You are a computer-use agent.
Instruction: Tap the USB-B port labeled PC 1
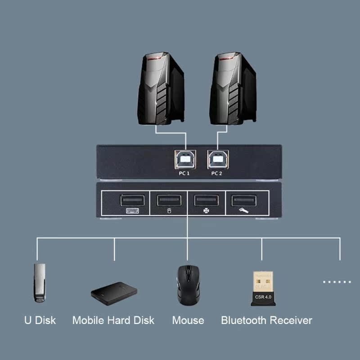[x=185, y=159]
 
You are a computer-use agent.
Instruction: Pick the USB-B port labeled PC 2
[x=217, y=159]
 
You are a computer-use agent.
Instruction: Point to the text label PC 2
[x=217, y=173]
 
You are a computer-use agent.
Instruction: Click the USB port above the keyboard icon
[x=130, y=200]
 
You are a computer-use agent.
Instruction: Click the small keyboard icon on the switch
[x=130, y=211]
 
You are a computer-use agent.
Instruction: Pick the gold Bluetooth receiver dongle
[x=262, y=288]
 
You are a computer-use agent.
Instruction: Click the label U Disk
[x=40, y=320]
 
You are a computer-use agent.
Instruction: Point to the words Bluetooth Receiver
[x=266, y=320]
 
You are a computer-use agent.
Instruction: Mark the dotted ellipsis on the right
[x=337, y=282]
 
